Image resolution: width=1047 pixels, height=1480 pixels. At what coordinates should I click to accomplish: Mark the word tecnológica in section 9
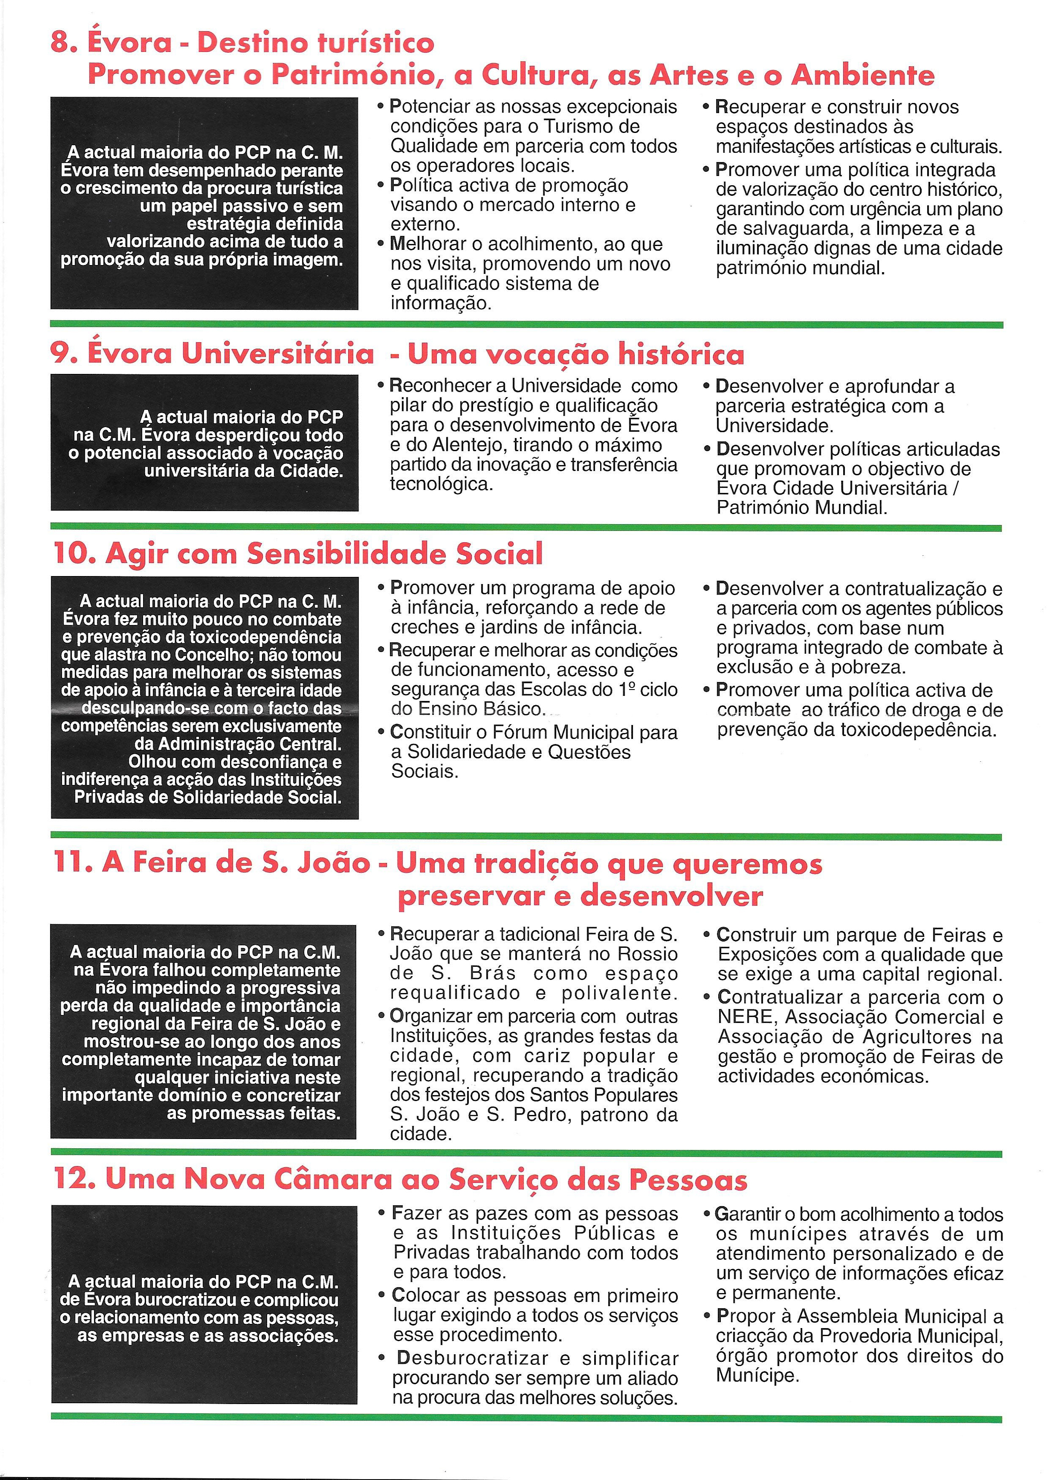click(441, 484)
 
